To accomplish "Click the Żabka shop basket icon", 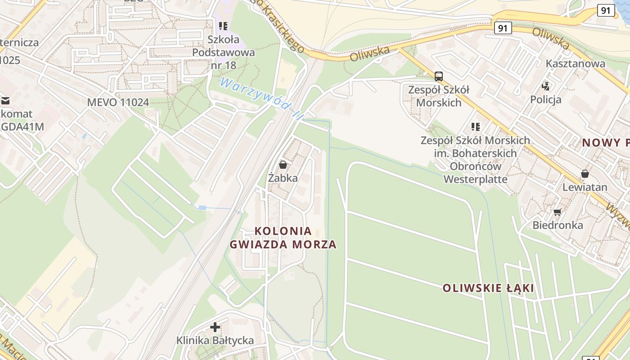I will click(x=283, y=165).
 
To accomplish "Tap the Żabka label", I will click(x=283, y=178).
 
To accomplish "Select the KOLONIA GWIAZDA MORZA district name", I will click(x=283, y=238).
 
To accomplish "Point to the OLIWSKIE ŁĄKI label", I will click(x=488, y=288).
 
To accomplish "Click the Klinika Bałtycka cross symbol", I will click(x=215, y=327).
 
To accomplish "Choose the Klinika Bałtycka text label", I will click(x=215, y=341).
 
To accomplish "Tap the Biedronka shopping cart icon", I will click(x=558, y=212).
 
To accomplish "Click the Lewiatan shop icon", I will click(x=585, y=173).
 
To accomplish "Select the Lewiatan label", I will click(x=585, y=187).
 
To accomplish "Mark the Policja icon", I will click(x=546, y=86).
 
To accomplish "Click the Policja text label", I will click(x=546, y=99).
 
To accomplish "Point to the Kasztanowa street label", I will click(x=576, y=63).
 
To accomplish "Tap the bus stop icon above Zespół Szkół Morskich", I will click(x=438, y=76).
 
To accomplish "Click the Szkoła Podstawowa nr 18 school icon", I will click(x=223, y=26).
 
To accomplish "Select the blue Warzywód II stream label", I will click(x=261, y=99).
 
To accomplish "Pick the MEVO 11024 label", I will click(x=118, y=102).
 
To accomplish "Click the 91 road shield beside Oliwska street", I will click(x=503, y=28).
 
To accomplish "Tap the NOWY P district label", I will click(x=606, y=143).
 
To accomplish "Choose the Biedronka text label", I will click(x=558, y=225).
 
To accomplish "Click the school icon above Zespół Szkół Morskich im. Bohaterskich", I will click(x=475, y=127).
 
